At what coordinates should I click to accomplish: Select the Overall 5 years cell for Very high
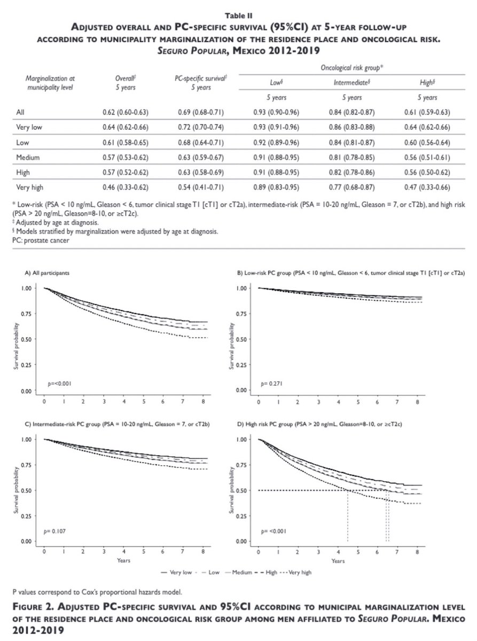pyautogui.click(x=124, y=187)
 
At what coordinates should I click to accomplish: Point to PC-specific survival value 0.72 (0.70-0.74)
pyautogui.click(x=199, y=128)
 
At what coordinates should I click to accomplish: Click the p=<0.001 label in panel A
pyautogui.click(x=60, y=384)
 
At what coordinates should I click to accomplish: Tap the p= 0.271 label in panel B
pyautogui.click(x=275, y=384)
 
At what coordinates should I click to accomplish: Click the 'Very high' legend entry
pyautogui.click(x=300, y=572)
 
